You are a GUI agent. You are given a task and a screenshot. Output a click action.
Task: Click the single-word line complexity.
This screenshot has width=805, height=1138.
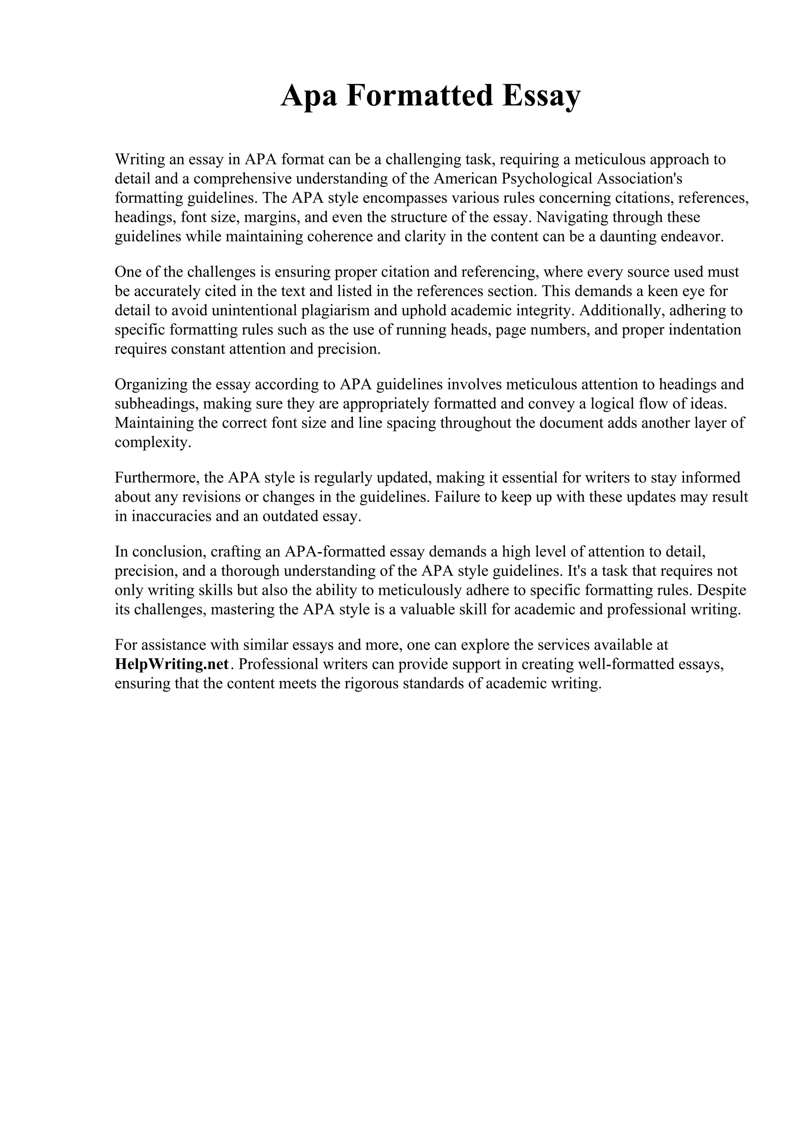click(x=153, y=442)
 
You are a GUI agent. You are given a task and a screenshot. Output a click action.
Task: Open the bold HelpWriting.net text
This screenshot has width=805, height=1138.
click(x=172, y=664)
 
